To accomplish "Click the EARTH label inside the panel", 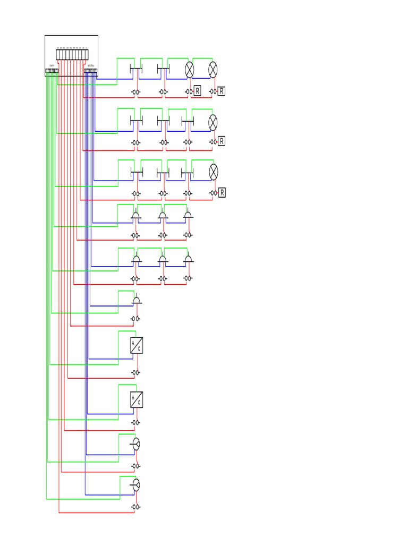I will tap(52, 66).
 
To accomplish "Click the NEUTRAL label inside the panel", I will tap(91, 66).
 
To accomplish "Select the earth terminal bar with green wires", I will tap(52, 71).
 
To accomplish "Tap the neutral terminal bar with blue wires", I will tap(91, 71).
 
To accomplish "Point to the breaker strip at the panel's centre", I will tap(72, 54).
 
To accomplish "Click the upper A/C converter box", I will tap(137, 345).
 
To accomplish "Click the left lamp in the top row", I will tap(190, 69).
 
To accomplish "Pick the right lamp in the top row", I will tap(213, 69).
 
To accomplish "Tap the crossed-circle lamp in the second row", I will tap(213, 122).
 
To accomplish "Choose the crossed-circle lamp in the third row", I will tap(213, 172).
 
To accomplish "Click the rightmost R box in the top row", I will tap(222, 91).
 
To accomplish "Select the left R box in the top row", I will tap(198, 91).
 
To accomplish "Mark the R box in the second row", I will tap(222, 141).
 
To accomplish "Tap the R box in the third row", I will tap(222, 192).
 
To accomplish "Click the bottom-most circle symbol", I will tap(136, 484).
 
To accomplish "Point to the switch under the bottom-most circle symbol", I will tap(136, 507).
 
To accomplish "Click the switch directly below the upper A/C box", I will tap(136, 372).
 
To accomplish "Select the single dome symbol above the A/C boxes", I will tap(137, 300).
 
